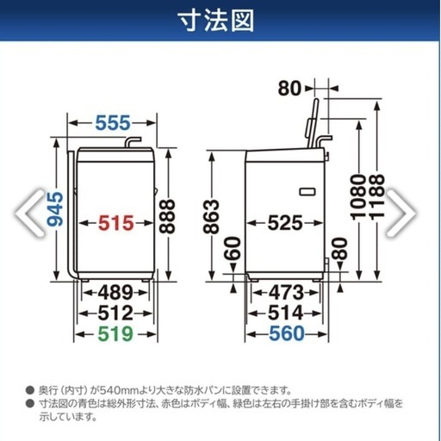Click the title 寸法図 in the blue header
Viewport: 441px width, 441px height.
pos(217,22)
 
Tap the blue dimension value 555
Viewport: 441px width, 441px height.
pos(113,123)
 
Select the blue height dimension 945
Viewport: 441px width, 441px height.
pos(55,208)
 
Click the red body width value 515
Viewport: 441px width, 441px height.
pos(116,223)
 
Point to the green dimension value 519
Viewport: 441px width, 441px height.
pos(115,334)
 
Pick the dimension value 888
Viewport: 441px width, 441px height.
pos(167,216)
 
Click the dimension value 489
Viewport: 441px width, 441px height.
pos(115,293)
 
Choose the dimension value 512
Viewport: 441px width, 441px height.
pos(115,314)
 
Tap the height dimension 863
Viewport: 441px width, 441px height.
pos(212,217)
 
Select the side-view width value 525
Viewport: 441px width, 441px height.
pos(285,223)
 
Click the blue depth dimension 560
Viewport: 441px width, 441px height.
pos(287,333)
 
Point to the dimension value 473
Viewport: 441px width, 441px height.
pos(286,293)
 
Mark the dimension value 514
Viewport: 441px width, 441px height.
pos(285,313)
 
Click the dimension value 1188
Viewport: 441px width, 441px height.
pos(376,197)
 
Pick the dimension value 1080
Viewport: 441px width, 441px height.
pos(359,197)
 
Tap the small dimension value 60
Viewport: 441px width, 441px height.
pos(233,248)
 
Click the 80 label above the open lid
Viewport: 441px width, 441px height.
pos(289,89)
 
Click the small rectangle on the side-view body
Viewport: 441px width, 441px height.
pos(307,191)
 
